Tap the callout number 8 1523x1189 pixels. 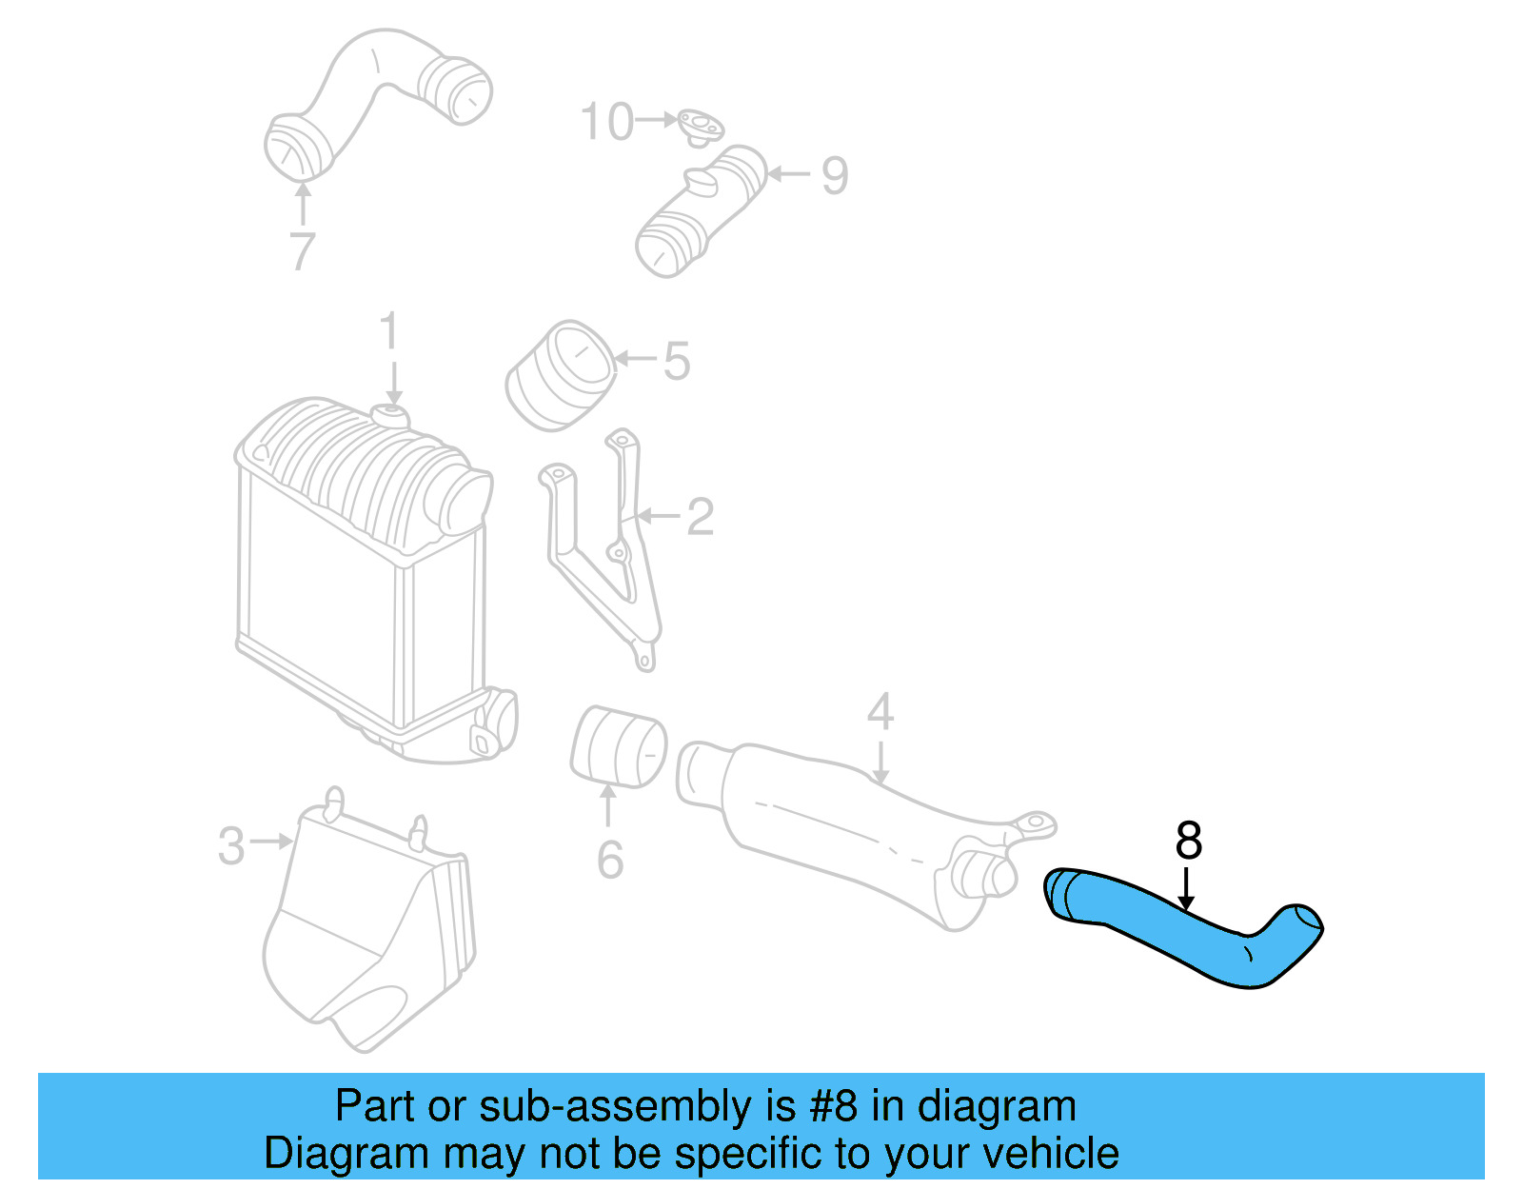pos(1188,841)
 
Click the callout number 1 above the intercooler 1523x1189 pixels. pos(388,331)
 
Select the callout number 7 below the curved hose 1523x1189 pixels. pos(302,251)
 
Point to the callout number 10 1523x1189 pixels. pos(606,122)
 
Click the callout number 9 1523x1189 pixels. pos(835,175)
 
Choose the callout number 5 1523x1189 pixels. pos(676,361)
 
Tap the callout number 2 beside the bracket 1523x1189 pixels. pos(700,517)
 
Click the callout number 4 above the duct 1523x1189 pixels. pos(880,712)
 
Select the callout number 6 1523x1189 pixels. pos(610,860)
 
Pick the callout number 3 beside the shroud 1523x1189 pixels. pos(231,845)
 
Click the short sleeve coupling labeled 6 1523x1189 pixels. pos(618,747)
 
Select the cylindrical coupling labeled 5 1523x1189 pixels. pos(559,376)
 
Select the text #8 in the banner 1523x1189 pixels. pos(835,1107)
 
